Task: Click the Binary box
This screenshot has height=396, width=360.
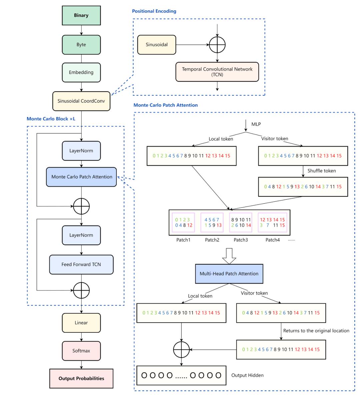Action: coord(81,15)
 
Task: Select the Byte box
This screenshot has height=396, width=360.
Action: coord(81,45)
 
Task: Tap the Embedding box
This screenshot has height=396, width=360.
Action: coord(81,72)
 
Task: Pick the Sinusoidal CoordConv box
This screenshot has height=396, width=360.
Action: coord(81,101)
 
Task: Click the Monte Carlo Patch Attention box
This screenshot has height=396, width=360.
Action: coord(82,177)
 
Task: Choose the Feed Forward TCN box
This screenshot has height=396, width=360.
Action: coord(81,264)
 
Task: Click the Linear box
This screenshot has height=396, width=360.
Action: coord(81,323)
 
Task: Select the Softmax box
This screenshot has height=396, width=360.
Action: coord(81,351)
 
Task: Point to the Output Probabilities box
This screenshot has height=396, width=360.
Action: coord(81,378)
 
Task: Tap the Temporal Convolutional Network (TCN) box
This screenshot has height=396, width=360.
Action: coord(217,72)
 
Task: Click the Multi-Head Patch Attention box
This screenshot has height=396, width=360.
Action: coord(229,274)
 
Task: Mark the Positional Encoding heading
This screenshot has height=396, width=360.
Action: coord(154,11)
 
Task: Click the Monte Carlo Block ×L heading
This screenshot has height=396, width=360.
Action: coord(51,119)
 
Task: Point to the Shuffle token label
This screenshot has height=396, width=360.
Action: coord(321,171)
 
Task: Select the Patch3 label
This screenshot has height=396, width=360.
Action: coord(241,240)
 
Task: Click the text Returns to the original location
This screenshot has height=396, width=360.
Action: coord(316,331)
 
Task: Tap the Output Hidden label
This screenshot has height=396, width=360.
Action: coord(247,375)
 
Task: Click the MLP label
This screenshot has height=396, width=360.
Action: coord(256,124)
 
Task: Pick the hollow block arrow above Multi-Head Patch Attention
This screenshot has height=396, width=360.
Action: coord(229,256)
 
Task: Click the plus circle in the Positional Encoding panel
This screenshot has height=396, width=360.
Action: coord(217,44)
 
